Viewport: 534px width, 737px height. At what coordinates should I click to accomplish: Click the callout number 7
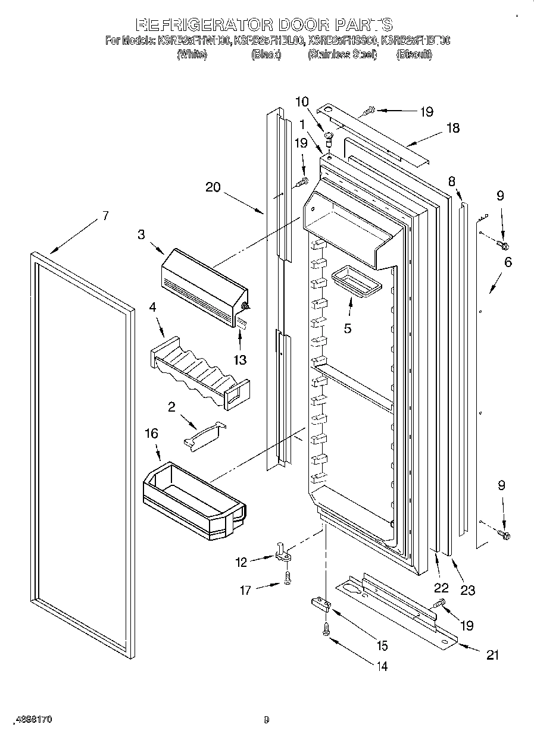coord(105,216)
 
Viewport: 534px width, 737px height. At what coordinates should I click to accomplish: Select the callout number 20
coord(213,187)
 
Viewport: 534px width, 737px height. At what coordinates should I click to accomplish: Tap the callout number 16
coord(152,434)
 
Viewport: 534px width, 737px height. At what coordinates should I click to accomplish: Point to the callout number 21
coord(492,655)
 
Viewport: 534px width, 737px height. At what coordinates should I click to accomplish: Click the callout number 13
coord(241,360)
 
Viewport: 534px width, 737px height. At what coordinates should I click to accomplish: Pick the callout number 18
coord(453,128)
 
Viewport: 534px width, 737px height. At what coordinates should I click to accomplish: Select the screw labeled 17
coord(288,577)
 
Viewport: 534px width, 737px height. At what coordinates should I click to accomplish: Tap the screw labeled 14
coord(326,629)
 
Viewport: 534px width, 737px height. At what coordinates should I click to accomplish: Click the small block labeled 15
coord(321,605)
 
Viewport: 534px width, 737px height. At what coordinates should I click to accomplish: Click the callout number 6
coord(508,262)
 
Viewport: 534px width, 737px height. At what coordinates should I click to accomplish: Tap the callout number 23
coord(468,590)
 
